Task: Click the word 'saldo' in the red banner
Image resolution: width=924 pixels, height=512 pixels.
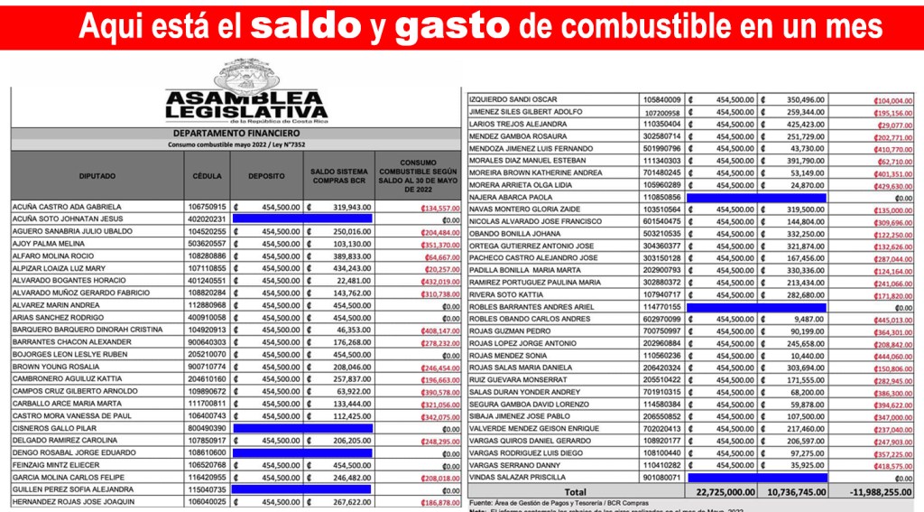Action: coord(307,27)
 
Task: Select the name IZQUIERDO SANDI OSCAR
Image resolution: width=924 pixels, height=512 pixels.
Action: coord(513,99)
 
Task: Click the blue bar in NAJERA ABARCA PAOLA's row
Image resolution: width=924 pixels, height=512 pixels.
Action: coord(756,197)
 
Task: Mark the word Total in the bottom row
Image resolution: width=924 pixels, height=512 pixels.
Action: coord(575,491)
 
